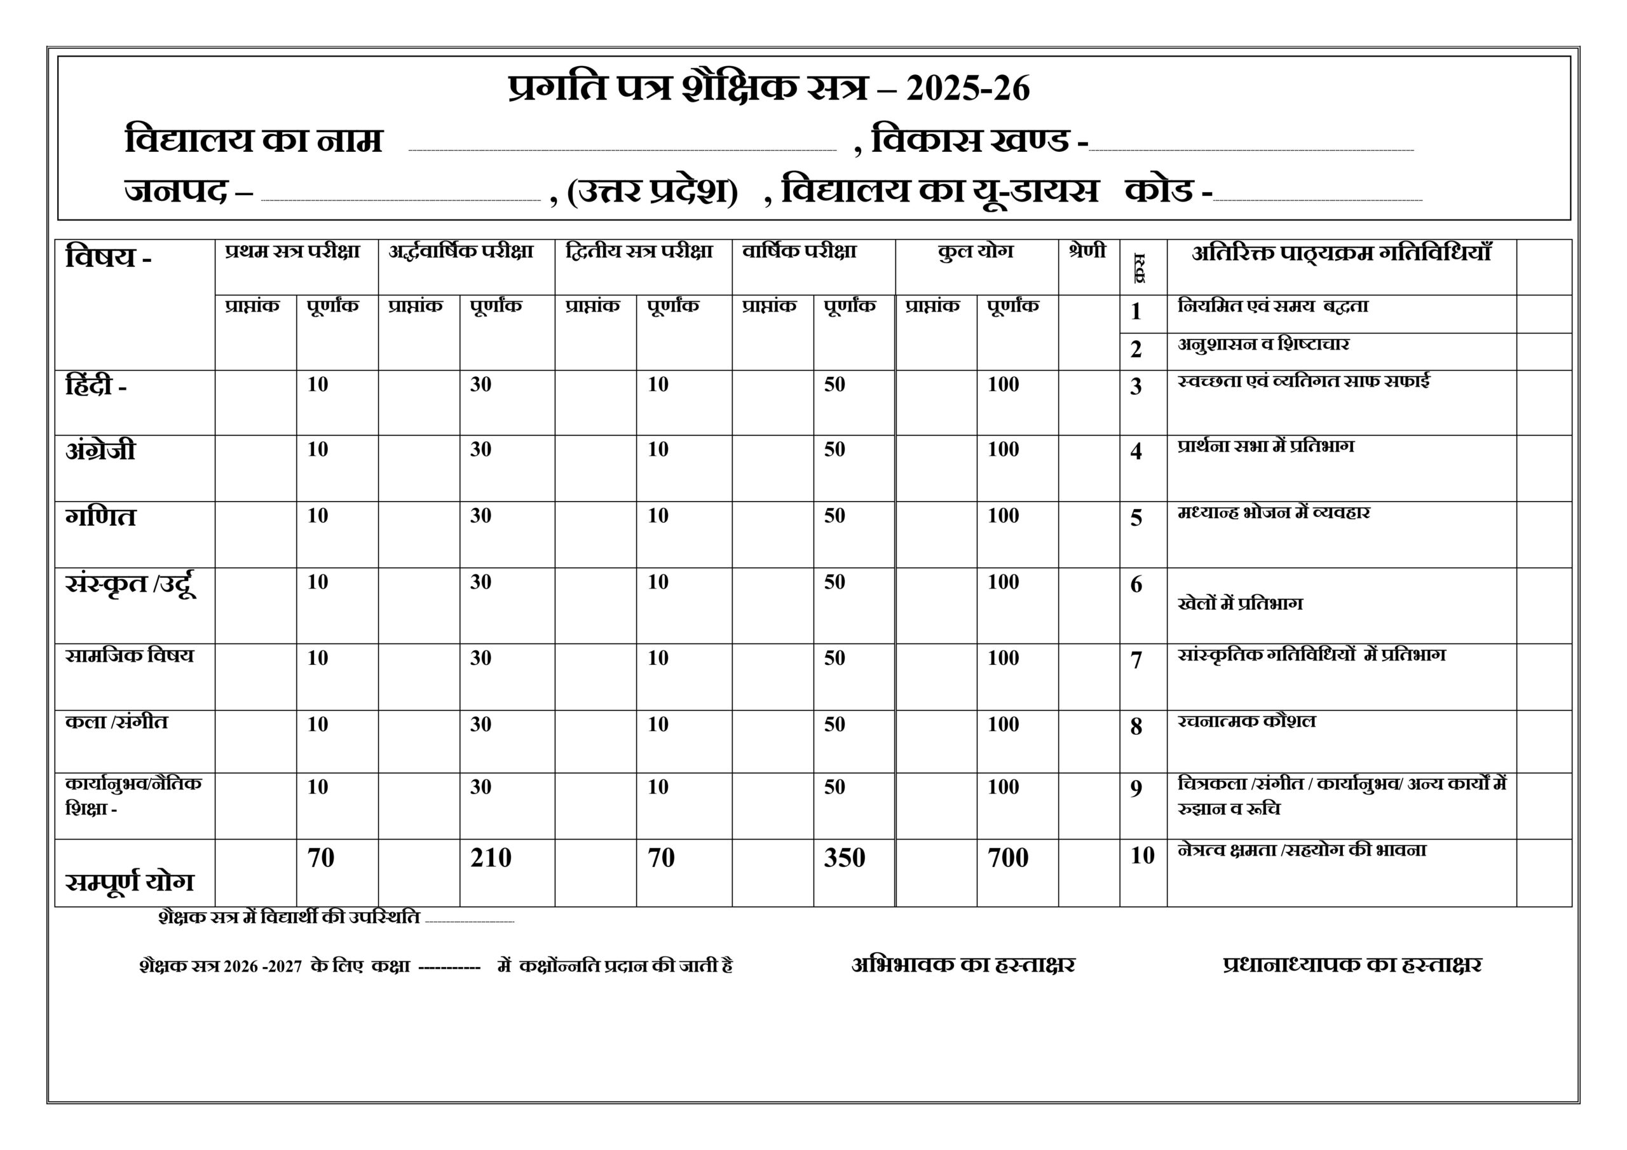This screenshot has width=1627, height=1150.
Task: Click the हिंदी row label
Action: (97, 387)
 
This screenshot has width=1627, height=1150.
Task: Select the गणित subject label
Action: (100, 517)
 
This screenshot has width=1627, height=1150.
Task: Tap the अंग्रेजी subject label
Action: (100, 451)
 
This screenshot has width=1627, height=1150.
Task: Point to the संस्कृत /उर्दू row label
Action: (130, 585)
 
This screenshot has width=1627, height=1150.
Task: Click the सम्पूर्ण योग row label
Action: (129, 882)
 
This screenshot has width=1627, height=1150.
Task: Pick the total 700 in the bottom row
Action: (1008, 858)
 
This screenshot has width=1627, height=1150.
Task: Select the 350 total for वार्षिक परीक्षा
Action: (844, 858)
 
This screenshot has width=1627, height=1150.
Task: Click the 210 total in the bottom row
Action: (491, 858)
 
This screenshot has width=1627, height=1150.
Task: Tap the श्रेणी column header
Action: (1087, 252)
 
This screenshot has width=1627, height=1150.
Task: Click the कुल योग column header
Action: (975, 252)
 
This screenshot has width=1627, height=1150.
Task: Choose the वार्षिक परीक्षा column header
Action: (800, 252)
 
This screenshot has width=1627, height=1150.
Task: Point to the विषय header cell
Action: (109, 257)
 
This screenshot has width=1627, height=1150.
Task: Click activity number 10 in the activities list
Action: (1142, 856)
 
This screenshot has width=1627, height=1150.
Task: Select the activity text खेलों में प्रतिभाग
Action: (1239, 604)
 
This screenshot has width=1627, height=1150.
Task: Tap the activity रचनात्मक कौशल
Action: (1246, 722)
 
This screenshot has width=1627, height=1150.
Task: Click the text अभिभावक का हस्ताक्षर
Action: (963, 965)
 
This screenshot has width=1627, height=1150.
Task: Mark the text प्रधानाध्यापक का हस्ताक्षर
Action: (1352, 965)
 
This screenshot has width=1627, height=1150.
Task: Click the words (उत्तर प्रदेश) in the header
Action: (653, 191)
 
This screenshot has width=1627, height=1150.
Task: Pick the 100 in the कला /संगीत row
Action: (1004, 725)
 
